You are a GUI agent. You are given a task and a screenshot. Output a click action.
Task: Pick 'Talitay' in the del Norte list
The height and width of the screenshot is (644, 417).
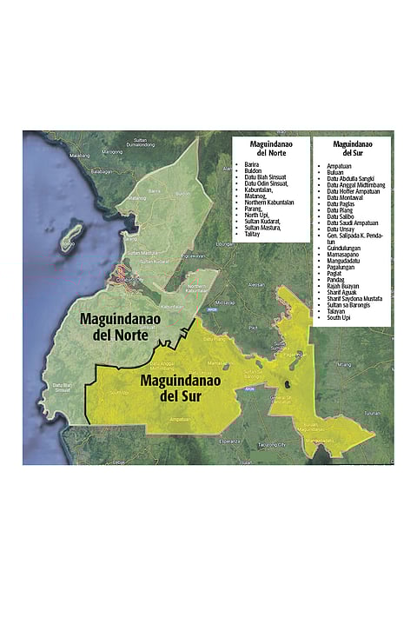coord(253,234)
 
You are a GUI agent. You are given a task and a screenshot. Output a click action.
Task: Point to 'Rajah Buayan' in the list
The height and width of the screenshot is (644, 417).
coord(345,286)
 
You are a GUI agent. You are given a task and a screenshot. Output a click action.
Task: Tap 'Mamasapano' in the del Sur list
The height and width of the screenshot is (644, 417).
coord(345,254)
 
